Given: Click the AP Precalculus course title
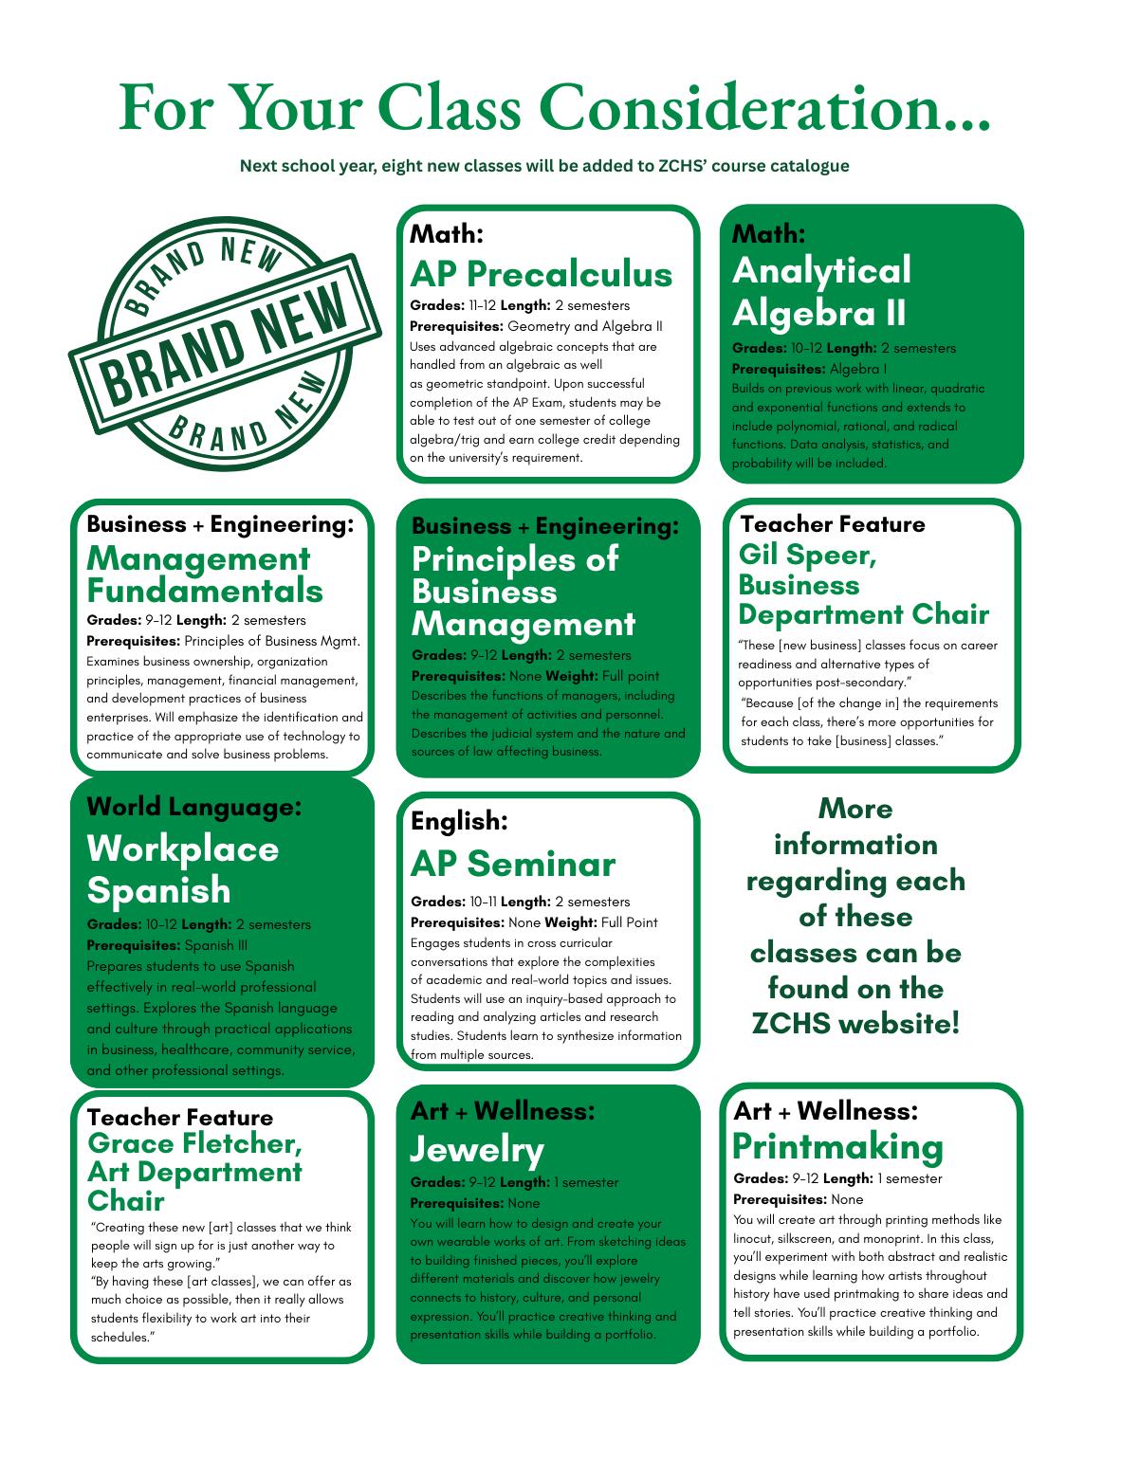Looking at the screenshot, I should tap(541, 274).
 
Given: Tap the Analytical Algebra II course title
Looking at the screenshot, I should tap(821, 292).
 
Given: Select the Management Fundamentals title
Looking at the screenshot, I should tap(205, 574).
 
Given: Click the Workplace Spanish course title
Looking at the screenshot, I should tap(182, 869).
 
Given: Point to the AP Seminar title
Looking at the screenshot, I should tap(512, 864).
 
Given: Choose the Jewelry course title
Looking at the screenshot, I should tap(476, 1149).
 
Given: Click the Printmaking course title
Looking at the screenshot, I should tap(837, 1146).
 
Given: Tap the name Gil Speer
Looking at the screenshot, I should tap(807, 555).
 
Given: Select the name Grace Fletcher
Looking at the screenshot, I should tap(194, 1143).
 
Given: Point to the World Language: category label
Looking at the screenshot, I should tap(193, 807).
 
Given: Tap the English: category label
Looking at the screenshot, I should tap(459, 821).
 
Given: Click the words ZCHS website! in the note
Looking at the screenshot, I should tap(855, 1024).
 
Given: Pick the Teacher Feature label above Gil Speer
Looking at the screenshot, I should tap(832, 524).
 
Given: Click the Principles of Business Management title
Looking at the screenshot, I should tap(523, 592).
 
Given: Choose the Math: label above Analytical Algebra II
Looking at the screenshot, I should tap(768, 233).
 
